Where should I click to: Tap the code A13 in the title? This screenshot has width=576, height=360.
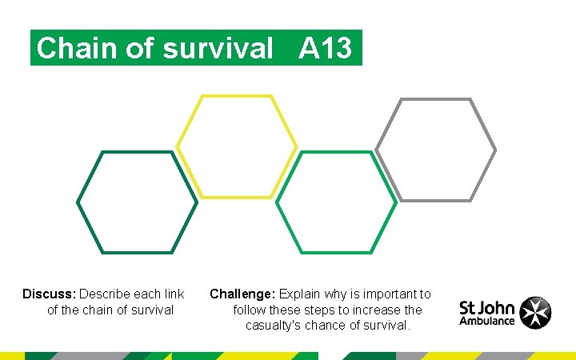coord(326,49)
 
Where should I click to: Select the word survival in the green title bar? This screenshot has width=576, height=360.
coord(218,49)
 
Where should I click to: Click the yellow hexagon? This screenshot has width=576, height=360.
coord(237,146)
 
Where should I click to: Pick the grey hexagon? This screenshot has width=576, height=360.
coord(436,150)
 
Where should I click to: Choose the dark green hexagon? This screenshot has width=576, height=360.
coord(138,202)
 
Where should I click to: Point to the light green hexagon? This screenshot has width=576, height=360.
coord(336,202)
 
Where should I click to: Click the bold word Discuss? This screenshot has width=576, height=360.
coord(49,294)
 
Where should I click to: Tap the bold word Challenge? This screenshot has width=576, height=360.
coord(243,294)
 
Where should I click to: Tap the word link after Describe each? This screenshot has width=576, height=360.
coord(174,294)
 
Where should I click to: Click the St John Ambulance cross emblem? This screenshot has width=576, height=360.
coord(535,313)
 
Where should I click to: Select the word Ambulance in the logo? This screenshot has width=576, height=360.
coord(487,321)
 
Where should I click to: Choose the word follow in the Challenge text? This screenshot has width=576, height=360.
coord(250,310)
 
